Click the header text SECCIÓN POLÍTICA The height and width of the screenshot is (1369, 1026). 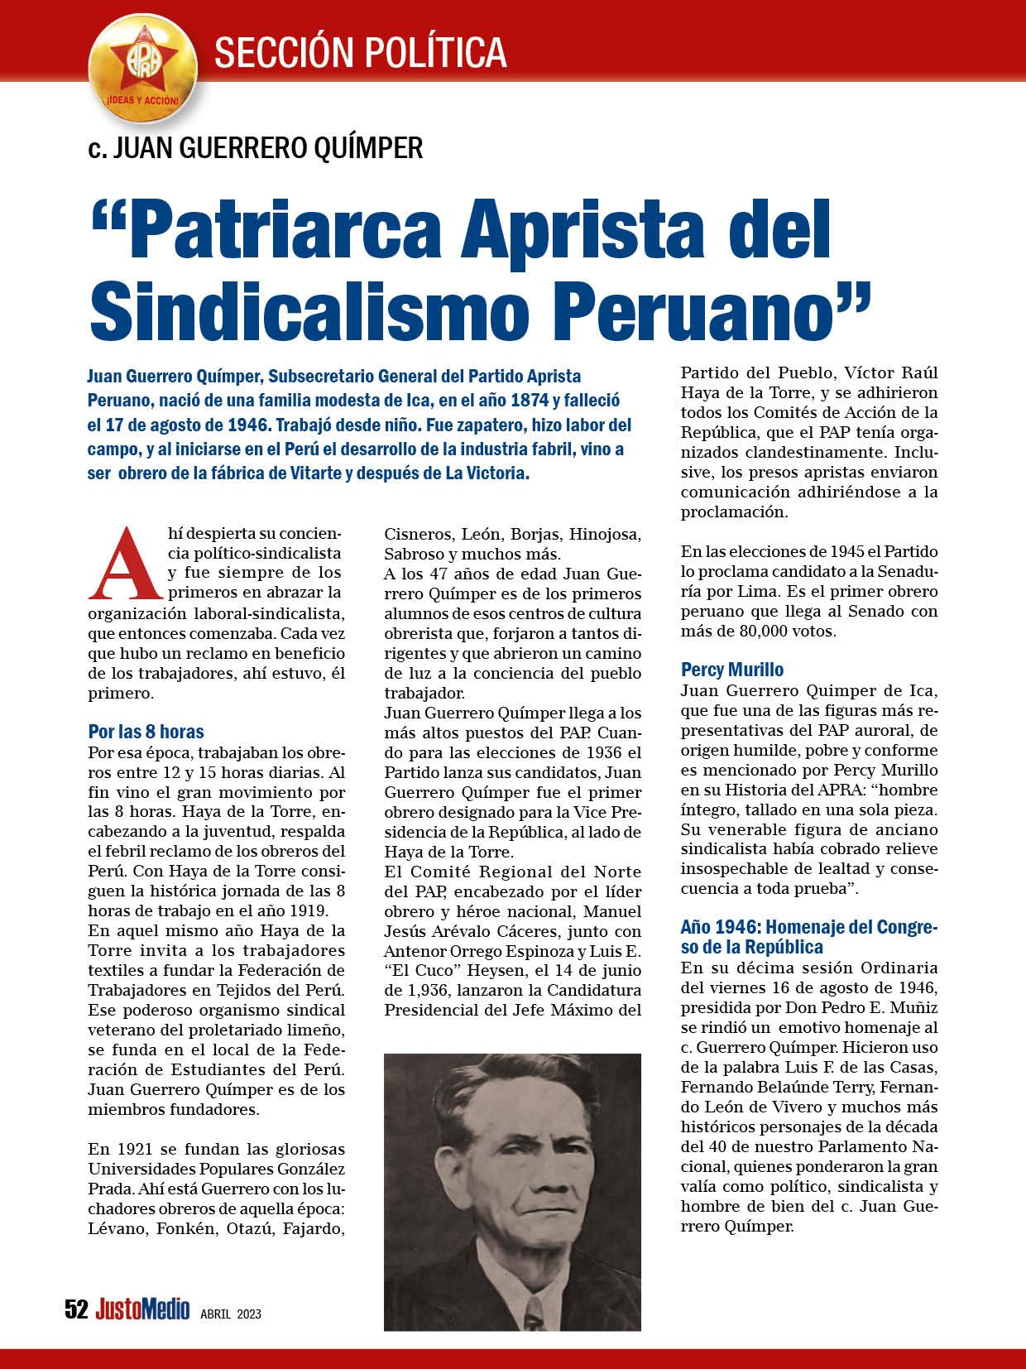[361, 51]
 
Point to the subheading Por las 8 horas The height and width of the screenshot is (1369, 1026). [146, 732]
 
